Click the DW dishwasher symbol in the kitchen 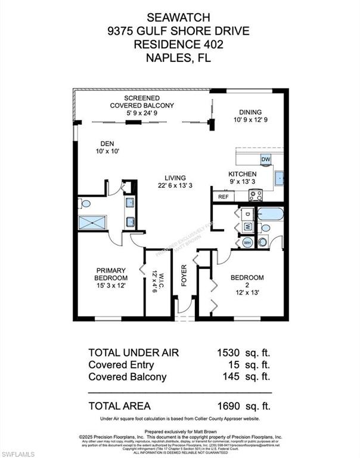click(266, 159)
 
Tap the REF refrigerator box click(224, 196)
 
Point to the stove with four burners click(255, 194)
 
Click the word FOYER click(184, 275)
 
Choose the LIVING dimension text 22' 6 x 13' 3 click(176, 185)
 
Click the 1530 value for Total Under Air click(229, 352)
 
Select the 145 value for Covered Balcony click(232, 377)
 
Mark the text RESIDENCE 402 click(179, 44)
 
